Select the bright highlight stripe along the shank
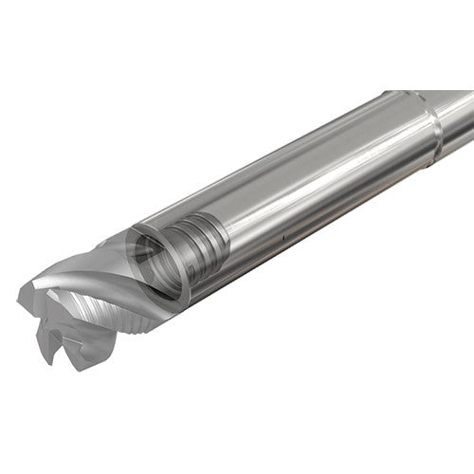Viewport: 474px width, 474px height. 313,161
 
